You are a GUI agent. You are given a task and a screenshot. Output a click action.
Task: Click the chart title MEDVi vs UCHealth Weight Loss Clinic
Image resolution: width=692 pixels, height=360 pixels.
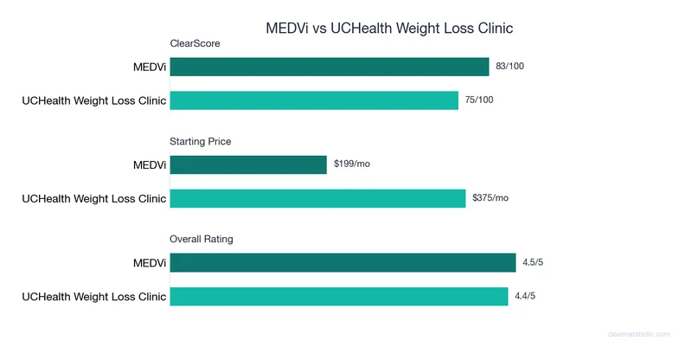388,29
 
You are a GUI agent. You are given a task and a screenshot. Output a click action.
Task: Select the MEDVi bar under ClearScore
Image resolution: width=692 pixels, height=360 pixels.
330,67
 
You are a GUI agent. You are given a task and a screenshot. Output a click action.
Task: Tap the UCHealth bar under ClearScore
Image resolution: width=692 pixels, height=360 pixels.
314,100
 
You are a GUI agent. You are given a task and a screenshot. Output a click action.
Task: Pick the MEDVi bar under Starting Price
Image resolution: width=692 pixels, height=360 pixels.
248,164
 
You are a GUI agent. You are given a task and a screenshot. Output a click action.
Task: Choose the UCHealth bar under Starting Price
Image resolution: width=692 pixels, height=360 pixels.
317,198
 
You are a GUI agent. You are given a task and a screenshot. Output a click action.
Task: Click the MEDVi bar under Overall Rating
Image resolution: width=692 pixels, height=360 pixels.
343,262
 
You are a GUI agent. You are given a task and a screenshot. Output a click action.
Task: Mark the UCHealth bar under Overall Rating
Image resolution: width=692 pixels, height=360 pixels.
338,296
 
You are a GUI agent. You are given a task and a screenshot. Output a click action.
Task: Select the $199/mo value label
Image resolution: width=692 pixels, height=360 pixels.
352,164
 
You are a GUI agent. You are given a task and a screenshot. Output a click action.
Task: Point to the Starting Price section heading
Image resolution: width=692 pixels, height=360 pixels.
201,140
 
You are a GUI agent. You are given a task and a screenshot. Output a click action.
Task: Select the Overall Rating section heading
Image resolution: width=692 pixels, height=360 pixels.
202,238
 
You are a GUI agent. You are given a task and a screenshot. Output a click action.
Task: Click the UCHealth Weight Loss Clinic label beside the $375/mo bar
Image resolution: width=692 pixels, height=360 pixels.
93,198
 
